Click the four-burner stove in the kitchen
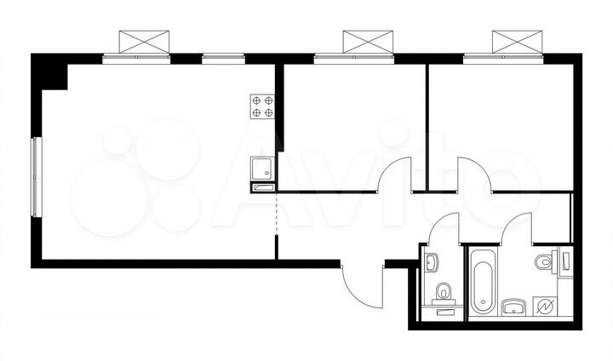coord(262,106)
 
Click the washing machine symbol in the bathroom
coord(543,307)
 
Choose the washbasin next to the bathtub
coord(514,306)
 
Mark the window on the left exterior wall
coord(35,175)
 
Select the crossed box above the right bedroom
coord(518,41)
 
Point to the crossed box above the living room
coord(146,41)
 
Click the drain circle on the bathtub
coord(482,301)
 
